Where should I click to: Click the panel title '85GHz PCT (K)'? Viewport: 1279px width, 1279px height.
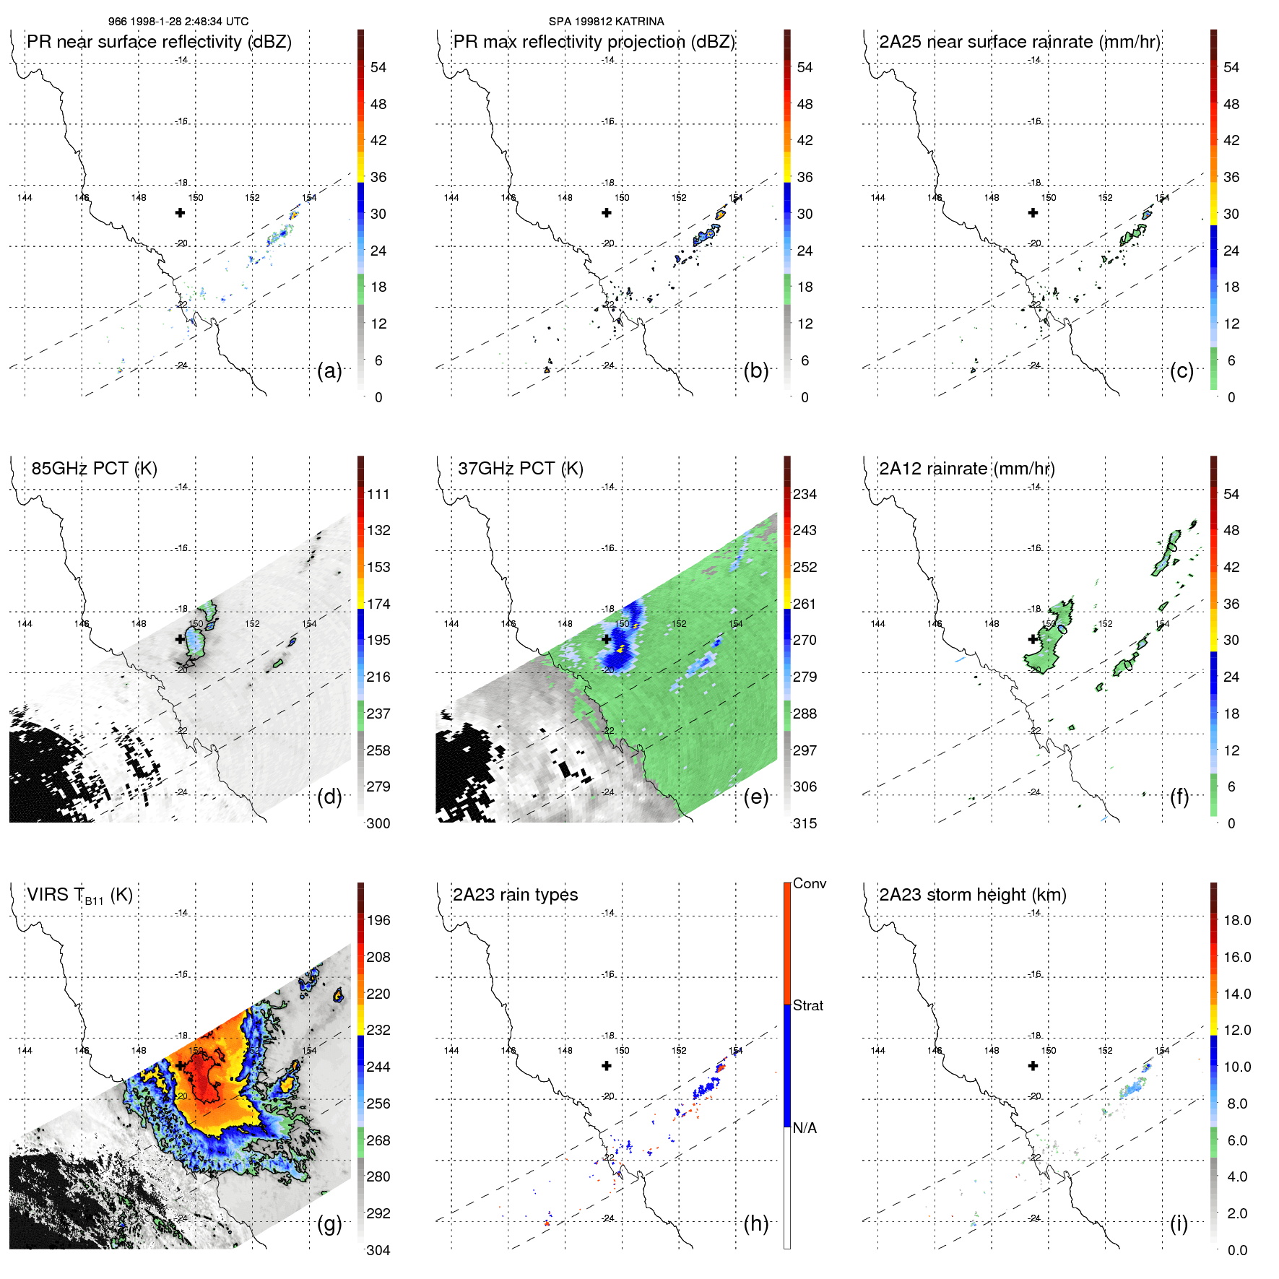point(94,469)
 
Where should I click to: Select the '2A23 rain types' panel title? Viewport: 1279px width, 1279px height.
point(515,895)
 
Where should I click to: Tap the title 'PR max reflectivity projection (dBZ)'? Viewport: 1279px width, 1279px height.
point(594,42)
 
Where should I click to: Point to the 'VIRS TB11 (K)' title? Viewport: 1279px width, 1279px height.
point(79,896)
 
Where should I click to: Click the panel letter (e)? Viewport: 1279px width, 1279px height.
point(755,797)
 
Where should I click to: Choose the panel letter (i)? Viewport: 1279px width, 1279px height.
point(1179,1223)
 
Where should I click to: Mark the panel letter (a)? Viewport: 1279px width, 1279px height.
point(329,370)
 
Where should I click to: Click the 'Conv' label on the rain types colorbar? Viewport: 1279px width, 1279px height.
point(810,884)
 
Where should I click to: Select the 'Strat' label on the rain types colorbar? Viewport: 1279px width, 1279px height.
point(808,1006)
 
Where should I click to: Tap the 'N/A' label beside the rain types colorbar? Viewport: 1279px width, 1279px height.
point(805,1128)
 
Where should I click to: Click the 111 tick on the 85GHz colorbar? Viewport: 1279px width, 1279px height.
point(378,495)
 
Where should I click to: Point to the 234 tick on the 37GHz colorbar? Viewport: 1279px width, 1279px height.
point(805,495)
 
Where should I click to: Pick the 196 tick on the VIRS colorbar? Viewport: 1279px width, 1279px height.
point(378,921)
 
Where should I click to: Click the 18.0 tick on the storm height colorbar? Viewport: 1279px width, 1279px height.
point(1237,921)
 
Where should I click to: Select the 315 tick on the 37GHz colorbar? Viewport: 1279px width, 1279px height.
point(805,824)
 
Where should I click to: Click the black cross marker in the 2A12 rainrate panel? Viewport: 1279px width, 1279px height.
point(1033,639)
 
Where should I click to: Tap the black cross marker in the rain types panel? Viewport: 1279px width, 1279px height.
point(607,1066)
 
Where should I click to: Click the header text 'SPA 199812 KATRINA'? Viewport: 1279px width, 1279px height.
point(606,22)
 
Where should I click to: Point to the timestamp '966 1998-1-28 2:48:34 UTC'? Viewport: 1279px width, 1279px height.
point(178,22)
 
